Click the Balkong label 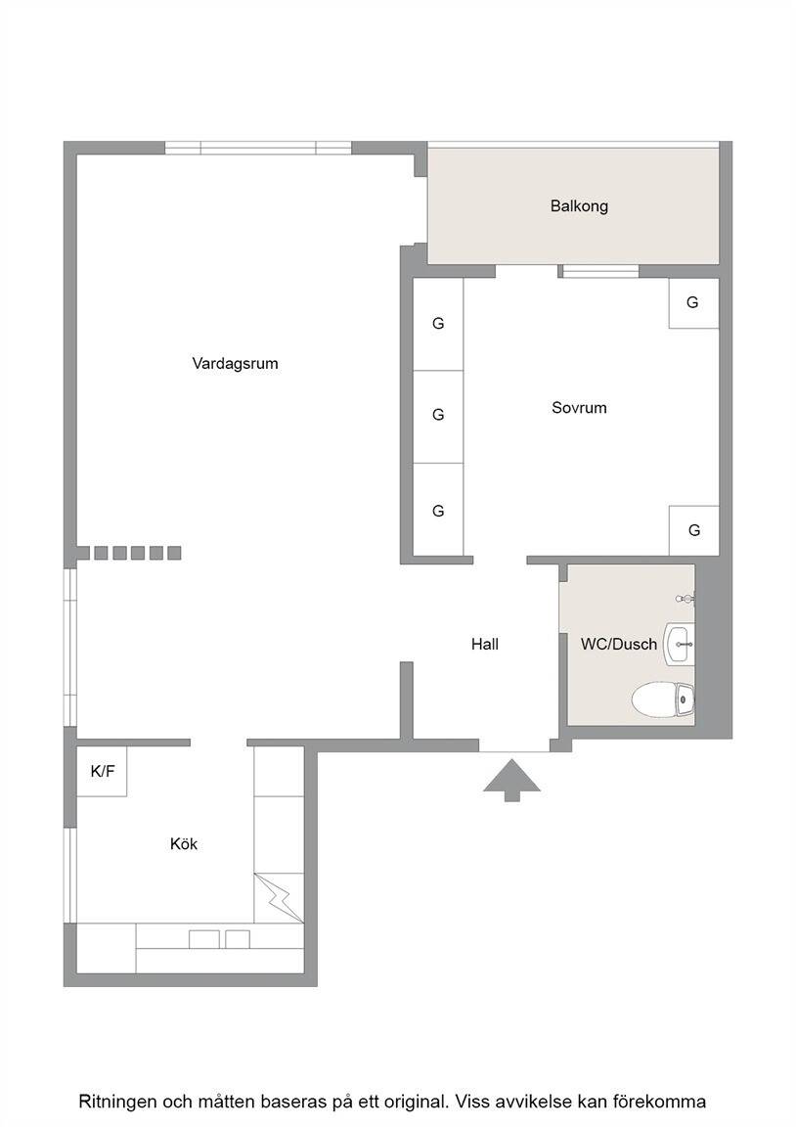(x=579, y=206)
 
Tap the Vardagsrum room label (x=235, y=363)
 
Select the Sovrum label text (x=579, y=408)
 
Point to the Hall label (x=485, y=644)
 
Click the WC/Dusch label (x=619, y=644)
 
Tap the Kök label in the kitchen (x=184, y=843)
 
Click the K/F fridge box (x=102, y=771)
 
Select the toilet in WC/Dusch (x=663, y=700)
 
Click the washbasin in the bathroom (x=679, y=645)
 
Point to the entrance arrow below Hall (x=511, y=780)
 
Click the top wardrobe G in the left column (x=438, y=324)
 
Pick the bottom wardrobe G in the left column (x=438, y=510)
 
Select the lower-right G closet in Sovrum (x=694, y=530)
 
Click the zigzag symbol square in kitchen (x=279, y=898)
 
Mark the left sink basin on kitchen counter (x=204, y=939)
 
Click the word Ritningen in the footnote (x=117, y=1102)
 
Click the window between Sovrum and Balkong (x=599, y=271)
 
